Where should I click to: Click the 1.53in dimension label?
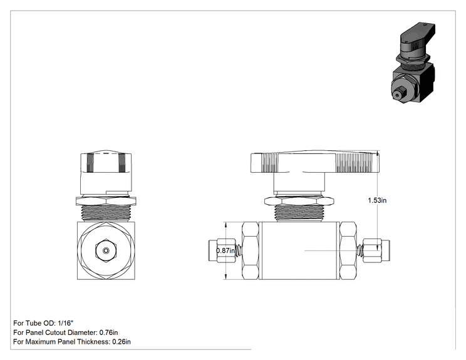[377, 200]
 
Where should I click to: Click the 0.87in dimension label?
[225, 250]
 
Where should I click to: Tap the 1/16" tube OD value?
[65, 323]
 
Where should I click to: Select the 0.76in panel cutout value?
[108, 332]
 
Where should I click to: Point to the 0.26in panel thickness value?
[122, 342]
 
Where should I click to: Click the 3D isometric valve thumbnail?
[413, 63]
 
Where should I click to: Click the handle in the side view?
[315, 162]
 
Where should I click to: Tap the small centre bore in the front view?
[106, 250]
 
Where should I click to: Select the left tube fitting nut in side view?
[226, 250]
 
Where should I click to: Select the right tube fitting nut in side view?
[372, 250]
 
